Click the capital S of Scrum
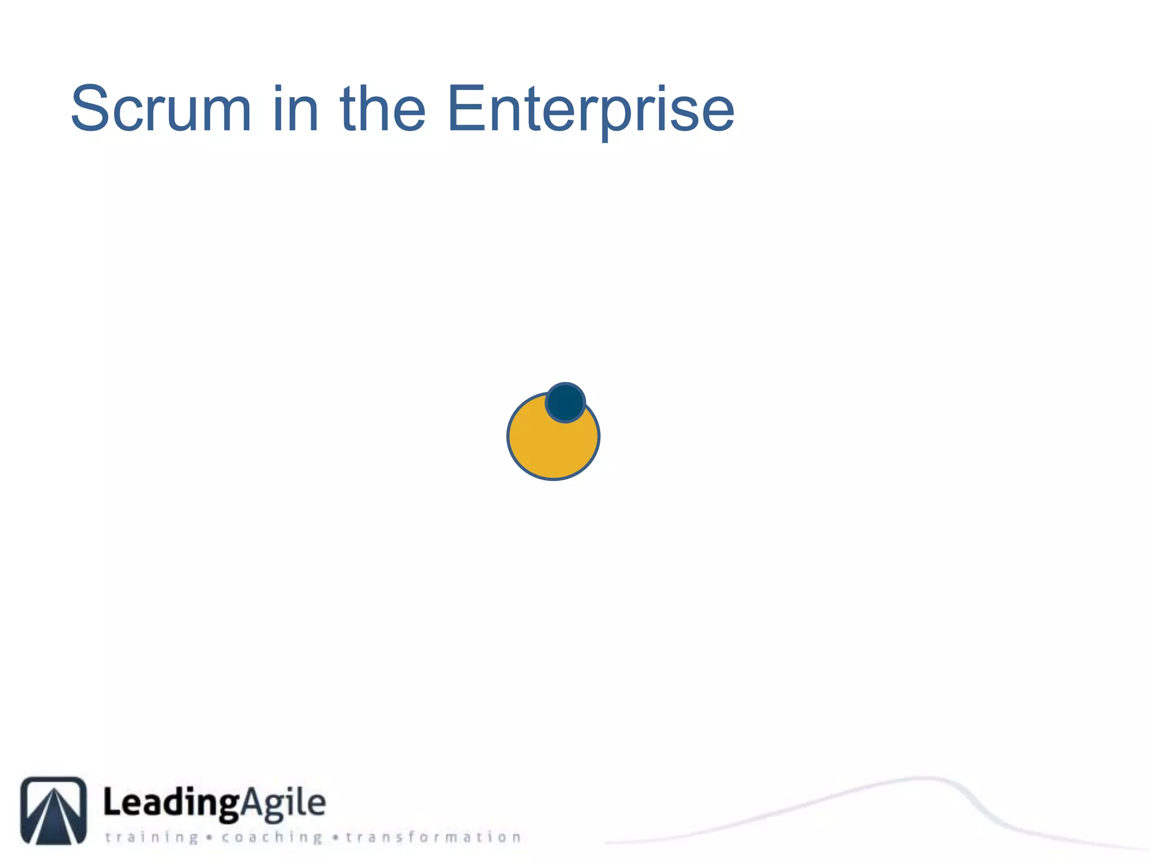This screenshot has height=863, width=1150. click(x=92, y=108)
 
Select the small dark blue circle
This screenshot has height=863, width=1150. click(x=565, y=402)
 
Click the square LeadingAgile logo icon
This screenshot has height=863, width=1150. click(x=54, y=810)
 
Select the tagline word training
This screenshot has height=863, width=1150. click(x=152, y=838)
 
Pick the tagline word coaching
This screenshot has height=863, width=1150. click(x=272, y=838)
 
